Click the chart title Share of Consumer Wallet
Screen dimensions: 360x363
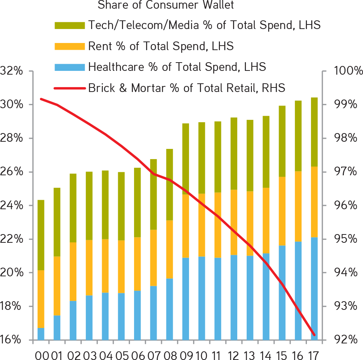(166, 5)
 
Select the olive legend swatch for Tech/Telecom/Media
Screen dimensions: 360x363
(70, 26)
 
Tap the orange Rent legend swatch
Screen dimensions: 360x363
(70, 46)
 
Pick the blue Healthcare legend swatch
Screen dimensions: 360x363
(70, 67)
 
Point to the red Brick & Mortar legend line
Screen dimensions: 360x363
(70, 88)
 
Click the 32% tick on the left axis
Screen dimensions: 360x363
(12, 71)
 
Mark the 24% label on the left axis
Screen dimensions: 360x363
(12, 206)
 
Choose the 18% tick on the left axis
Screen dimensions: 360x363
(12, 306)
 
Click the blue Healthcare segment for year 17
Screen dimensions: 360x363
(314, 288)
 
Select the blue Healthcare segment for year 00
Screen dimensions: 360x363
(41, 334)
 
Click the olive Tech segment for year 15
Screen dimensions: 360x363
(282, 141)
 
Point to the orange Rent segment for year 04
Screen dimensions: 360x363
(105, 266)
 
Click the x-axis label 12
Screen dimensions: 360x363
(234, 355)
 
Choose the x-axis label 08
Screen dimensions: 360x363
(169, 355)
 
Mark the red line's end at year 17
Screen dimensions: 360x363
(314, 334)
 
